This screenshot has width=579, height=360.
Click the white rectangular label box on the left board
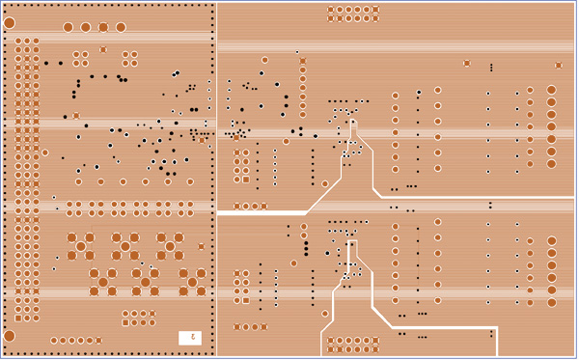tap(190, 338)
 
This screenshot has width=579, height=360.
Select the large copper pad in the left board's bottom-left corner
tap(10, 336)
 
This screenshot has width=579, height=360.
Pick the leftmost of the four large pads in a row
tap(68, 27)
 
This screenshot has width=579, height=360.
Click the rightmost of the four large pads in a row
tap(121, 27)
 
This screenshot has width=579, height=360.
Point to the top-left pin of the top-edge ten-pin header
tap(331, 10)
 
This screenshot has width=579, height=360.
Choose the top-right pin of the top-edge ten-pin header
tap(375, 10)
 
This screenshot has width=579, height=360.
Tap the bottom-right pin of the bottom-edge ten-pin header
tap(375, 348)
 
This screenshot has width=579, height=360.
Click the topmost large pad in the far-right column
tap(552, 90)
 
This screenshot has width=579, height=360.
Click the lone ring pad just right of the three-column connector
tap(45, 152)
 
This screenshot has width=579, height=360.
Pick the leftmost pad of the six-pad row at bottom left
tap(53, 340)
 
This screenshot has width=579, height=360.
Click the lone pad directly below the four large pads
tap(103, 49)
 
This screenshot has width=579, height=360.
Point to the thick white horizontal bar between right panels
tap(262, 212)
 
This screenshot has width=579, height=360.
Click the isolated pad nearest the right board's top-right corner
tap(559, 66)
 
